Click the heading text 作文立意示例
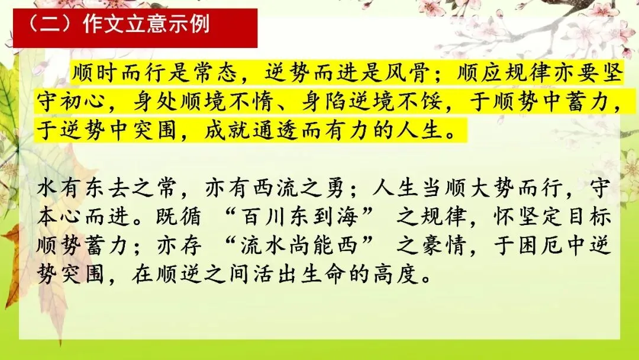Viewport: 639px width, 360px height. click(x=146, y=24)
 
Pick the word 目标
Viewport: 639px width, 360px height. click(x=588, y=217)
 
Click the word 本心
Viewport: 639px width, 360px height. click(x=60, y=217)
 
